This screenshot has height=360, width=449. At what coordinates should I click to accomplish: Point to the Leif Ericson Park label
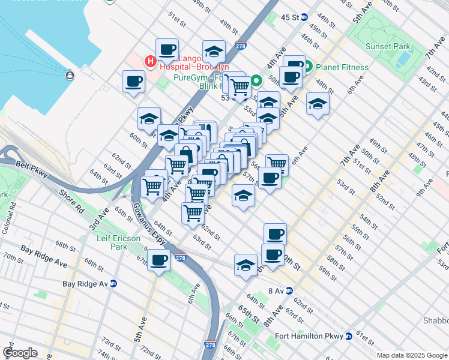click(119, 242)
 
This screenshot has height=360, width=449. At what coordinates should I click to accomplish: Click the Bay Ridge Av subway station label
click(88, 283)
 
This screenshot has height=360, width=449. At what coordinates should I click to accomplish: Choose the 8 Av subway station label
click(280, 290)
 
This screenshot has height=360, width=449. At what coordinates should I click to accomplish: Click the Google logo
click(20, 353)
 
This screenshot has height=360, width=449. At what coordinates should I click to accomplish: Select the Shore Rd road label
click(71, 202)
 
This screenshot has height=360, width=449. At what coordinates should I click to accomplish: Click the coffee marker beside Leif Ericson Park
click(159, 260)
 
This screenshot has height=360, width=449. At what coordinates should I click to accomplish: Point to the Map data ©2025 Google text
click(411, 355)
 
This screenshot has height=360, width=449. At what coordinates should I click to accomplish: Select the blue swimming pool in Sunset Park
click(404, 59)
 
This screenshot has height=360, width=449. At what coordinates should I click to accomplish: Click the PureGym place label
click(191, 77)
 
